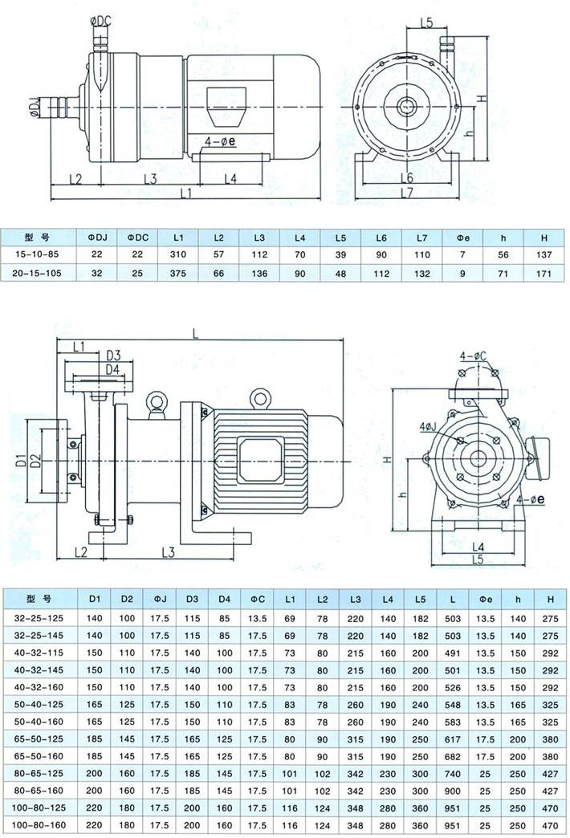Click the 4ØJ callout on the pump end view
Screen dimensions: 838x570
coord(429,425)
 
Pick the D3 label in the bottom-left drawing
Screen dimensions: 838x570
coord(113,356)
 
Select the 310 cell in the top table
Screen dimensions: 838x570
coord(178,254)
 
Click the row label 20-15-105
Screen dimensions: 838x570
coord(38,274)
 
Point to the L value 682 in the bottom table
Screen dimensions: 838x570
coord(454,755)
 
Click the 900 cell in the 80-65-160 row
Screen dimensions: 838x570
coord(454,791)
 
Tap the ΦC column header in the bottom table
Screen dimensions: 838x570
coord(257,600)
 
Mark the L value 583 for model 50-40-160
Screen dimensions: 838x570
coord(454,720)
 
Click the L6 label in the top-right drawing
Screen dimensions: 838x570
coord(406,177)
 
